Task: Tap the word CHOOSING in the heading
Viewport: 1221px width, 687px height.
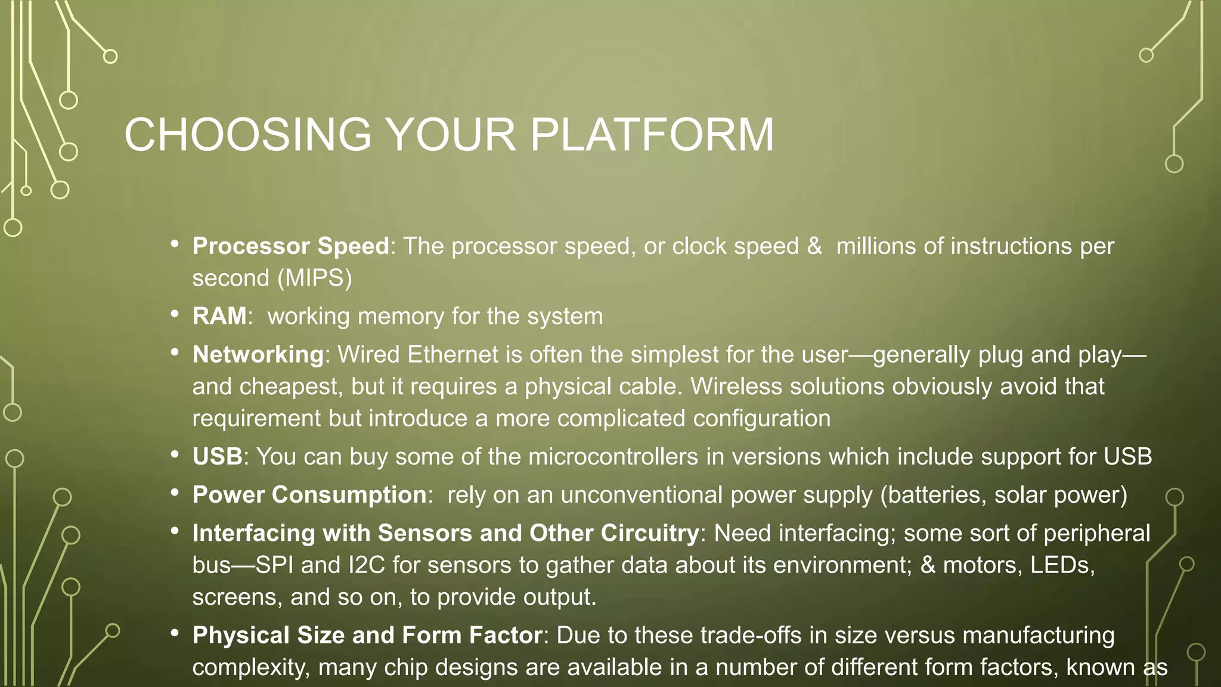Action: [x=248, y=135]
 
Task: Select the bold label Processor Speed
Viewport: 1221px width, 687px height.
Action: [x=290, y=246]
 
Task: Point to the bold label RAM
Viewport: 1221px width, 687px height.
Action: [x=219, y=316]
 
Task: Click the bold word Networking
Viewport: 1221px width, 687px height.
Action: [x=258, y=355]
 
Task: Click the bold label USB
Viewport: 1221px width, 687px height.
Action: [x=217, y=457]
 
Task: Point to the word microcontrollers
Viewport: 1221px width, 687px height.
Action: [x=613, y=457]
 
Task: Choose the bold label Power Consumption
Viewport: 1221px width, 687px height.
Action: [x=309, y=495]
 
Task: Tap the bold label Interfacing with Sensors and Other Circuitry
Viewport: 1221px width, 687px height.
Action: [x=445, y=533]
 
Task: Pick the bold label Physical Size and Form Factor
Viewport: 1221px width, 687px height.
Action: [x=367, y=636]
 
